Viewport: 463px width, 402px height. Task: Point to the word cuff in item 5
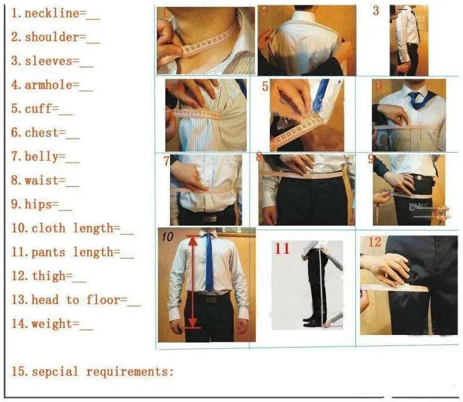click(41, 109)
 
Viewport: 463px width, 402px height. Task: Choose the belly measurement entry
click(44, 157)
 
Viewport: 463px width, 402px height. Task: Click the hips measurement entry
click(41, 204)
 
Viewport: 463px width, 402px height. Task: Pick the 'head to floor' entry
click(78, 300)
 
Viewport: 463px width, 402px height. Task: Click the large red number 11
click(282, 249)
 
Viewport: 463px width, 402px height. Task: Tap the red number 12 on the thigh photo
click(374, 242)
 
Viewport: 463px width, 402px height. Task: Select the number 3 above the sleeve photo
click(376, 10)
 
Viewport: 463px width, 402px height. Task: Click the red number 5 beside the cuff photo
click(265, 87)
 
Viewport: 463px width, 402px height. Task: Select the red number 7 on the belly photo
click(166, 161)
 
